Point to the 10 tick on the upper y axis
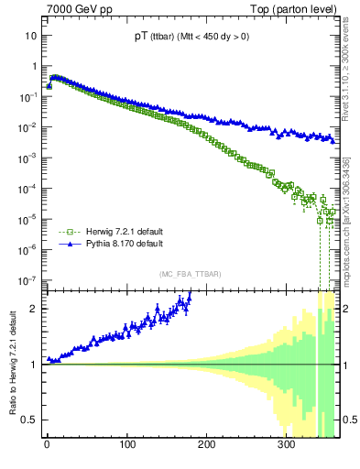click(x=31, y=36)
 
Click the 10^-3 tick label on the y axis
click(x=28, y=158)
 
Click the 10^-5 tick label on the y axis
click(x=28, y=220)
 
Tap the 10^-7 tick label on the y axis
click(x=28, y=280)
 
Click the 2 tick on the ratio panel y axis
click(x=34, y=308)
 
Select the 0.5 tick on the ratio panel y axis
click(x=30, y=420)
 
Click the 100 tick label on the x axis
click(x=126, y=446)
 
